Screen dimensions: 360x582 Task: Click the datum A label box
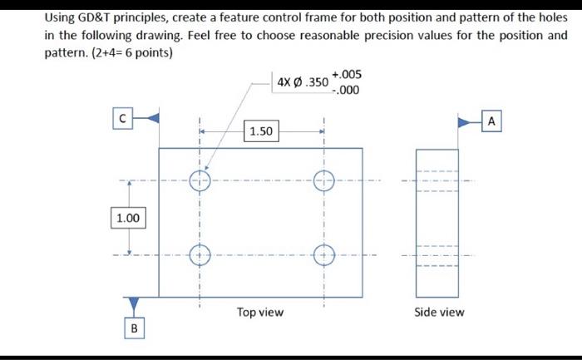pos(491,121)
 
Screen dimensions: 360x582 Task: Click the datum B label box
pos(132,328)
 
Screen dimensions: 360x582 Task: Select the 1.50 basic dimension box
pos(262,131)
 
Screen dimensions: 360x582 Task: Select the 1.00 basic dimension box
pos(128,218)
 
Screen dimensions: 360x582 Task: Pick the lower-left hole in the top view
pos(200,254)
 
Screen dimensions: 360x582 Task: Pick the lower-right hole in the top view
pos(323,254)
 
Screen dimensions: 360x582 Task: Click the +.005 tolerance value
pos(347,75)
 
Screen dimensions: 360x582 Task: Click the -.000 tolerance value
pos(347,91)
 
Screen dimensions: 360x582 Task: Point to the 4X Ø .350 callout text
pos(302,82)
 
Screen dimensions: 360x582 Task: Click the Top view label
pos(259,313)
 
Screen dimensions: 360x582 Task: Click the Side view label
pos(440,313)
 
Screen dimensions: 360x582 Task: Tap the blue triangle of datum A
pos(465,121)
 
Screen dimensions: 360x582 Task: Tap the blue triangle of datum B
pos(132,304)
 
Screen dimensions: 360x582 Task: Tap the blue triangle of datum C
pos(150,119)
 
